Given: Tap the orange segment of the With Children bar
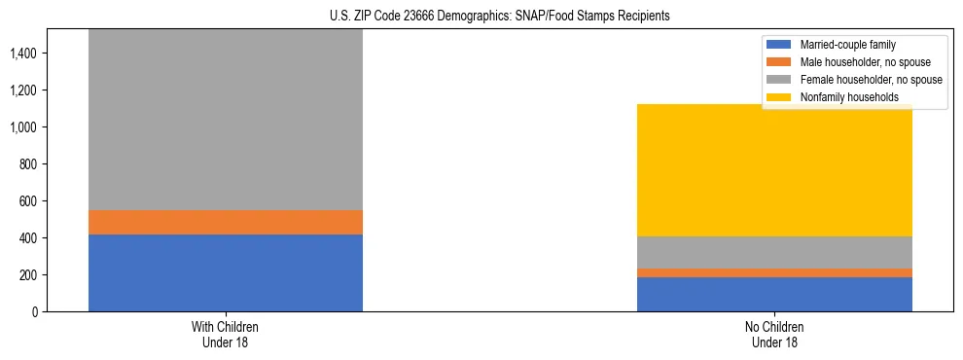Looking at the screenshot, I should [x=226, y=222].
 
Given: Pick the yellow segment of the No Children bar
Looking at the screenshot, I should [x=774, y=170].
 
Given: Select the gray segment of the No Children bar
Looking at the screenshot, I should [x=774, y=252].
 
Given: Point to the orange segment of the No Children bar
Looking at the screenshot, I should [x=774, y=272].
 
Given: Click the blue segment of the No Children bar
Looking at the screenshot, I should [x=774, y=294].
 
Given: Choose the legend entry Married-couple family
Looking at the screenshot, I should [x=847, y=45].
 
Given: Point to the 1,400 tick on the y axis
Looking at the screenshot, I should [x=22, y=54].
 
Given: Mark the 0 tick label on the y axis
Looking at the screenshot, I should [x=33, y=312].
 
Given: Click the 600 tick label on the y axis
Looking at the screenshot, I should [x=27, y=201].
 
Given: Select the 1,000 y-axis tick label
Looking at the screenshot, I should [x=22, y=127].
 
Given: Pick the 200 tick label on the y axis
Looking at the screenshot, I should [x=27, y=275].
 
